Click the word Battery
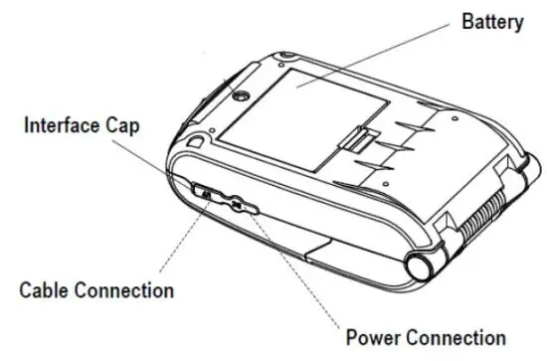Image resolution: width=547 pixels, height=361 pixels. click(491, 21)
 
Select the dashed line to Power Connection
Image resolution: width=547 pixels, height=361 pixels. click(298, 269)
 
